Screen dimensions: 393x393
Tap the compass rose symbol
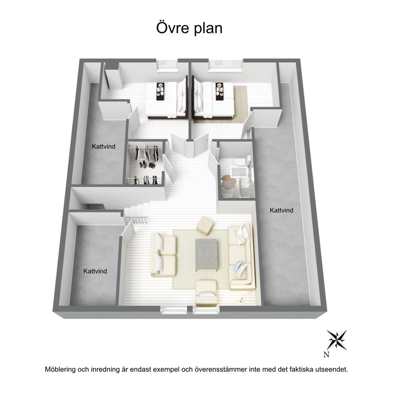337,340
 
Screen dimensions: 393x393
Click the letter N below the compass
326,355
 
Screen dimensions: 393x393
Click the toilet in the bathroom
244,161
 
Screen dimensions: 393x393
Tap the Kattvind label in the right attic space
281,210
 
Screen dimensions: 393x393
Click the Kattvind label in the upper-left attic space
103,146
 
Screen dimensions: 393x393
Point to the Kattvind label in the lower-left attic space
95,271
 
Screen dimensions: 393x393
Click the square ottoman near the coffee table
205,226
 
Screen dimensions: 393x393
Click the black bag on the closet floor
152,166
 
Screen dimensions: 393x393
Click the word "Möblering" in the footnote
60,370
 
